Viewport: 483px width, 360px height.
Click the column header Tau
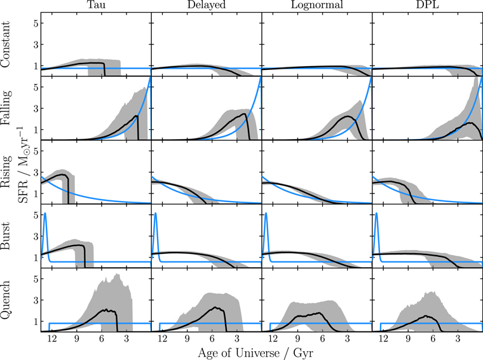point(96,4)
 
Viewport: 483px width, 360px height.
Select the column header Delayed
point(207,5)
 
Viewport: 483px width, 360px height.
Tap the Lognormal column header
point(316,5)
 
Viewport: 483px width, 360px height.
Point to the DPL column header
point(427,4)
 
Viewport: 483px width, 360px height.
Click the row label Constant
point(5,45)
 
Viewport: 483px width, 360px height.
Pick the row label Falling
point(6,108)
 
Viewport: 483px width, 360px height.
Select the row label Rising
point(6,172)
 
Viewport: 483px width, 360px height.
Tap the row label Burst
point(5,236)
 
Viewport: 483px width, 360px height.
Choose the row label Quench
point(6,300)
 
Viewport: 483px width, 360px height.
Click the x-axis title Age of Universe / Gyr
point(255,352)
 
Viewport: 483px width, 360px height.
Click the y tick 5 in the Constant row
point(36,23)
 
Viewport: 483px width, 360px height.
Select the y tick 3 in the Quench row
point(36,300)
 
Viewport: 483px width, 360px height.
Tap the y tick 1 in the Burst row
point(36,257)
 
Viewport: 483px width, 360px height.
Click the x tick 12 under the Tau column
point(51,339)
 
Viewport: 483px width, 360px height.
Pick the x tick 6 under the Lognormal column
point(322,339)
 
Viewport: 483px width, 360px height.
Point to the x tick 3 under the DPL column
point(458,339)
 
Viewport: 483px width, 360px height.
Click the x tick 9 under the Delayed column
point(187,339)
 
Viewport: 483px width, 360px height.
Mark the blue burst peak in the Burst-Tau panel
point(45,213)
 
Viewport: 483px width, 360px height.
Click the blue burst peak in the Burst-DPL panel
point(377,213)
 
